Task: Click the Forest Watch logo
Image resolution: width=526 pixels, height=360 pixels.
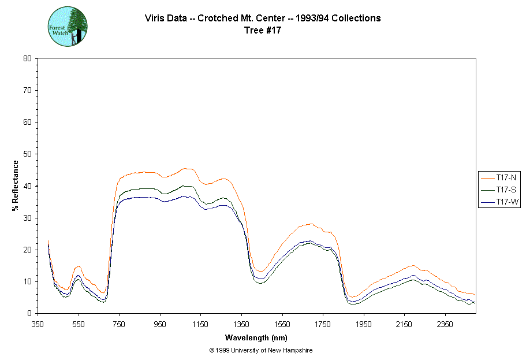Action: click(67, 27)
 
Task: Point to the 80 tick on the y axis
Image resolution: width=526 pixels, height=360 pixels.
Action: click(27, 58)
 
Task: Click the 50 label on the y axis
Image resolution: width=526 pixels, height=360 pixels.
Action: click(27, 154)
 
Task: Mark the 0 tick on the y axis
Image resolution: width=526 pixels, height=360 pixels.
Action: click(29, 314)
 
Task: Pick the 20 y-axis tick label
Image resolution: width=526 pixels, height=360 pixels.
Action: click(27, 250)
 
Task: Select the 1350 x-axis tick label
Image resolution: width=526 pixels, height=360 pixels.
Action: click(241, 324)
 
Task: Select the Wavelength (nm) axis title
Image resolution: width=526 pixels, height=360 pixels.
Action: click(256, 337)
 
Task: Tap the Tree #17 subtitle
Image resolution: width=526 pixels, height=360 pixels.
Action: click(263, 31)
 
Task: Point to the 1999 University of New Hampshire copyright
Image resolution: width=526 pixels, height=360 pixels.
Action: click(261, 350)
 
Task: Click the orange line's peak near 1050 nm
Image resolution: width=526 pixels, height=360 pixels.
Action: click(185, 169)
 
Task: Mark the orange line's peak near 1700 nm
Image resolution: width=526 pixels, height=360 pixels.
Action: click(311, 224)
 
